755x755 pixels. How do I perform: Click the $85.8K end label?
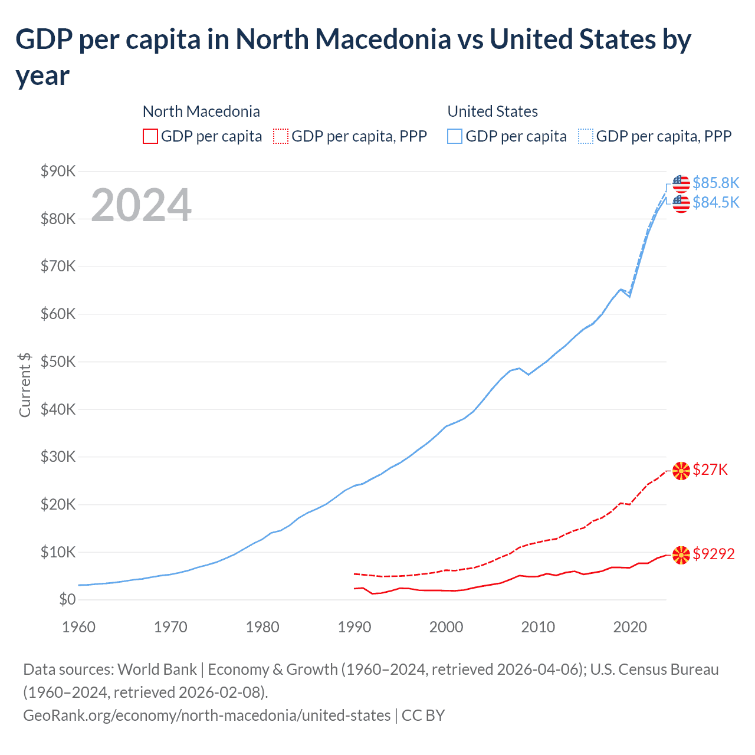(715, 183)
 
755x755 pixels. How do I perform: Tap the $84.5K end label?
(715, 202)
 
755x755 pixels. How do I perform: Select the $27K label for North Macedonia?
(710, 470)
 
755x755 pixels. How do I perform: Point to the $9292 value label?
(714, 554)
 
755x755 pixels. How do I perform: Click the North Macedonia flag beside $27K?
(681, 471)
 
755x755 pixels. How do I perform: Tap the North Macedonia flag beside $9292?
(681, 555)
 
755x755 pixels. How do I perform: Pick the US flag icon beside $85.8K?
(681, 183)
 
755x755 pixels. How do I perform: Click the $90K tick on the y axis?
(58, 171)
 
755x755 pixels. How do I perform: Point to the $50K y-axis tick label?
(58, 362)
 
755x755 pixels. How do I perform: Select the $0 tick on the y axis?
(67, 600)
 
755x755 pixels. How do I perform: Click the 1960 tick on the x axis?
(78, 627)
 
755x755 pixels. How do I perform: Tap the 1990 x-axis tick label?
(354, 627)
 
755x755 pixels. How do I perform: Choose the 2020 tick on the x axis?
(630, 627)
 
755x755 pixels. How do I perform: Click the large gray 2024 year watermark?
(141, 205)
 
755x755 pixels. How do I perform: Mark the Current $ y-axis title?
(25, 385)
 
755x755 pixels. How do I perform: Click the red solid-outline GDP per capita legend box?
(150, 136)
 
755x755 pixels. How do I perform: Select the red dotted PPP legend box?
(281, 136)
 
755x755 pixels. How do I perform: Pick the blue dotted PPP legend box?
(586, 136)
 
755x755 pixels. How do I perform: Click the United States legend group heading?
(493, 111)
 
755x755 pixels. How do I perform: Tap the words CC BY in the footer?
(423, 715)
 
